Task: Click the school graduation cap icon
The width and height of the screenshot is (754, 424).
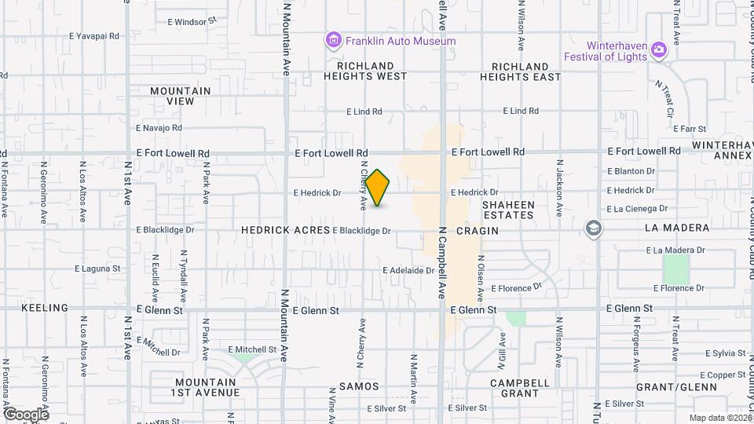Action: click(595, 228)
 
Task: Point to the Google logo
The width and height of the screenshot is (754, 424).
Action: click(25, 414)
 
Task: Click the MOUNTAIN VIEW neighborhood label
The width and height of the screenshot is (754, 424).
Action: click(180, 96)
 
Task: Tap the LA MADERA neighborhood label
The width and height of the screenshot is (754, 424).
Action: click(676, 228)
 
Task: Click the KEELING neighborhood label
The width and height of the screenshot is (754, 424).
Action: click(45, 308)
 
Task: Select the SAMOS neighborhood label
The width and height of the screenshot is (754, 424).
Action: click(359, 386)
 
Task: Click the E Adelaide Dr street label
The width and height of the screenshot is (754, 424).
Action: click(408, 270)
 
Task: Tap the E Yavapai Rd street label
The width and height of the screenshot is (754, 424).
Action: click(93, 36)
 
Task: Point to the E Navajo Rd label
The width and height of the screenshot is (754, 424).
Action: click(159, 127)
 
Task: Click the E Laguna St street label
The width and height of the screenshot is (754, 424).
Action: click(97, 269)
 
